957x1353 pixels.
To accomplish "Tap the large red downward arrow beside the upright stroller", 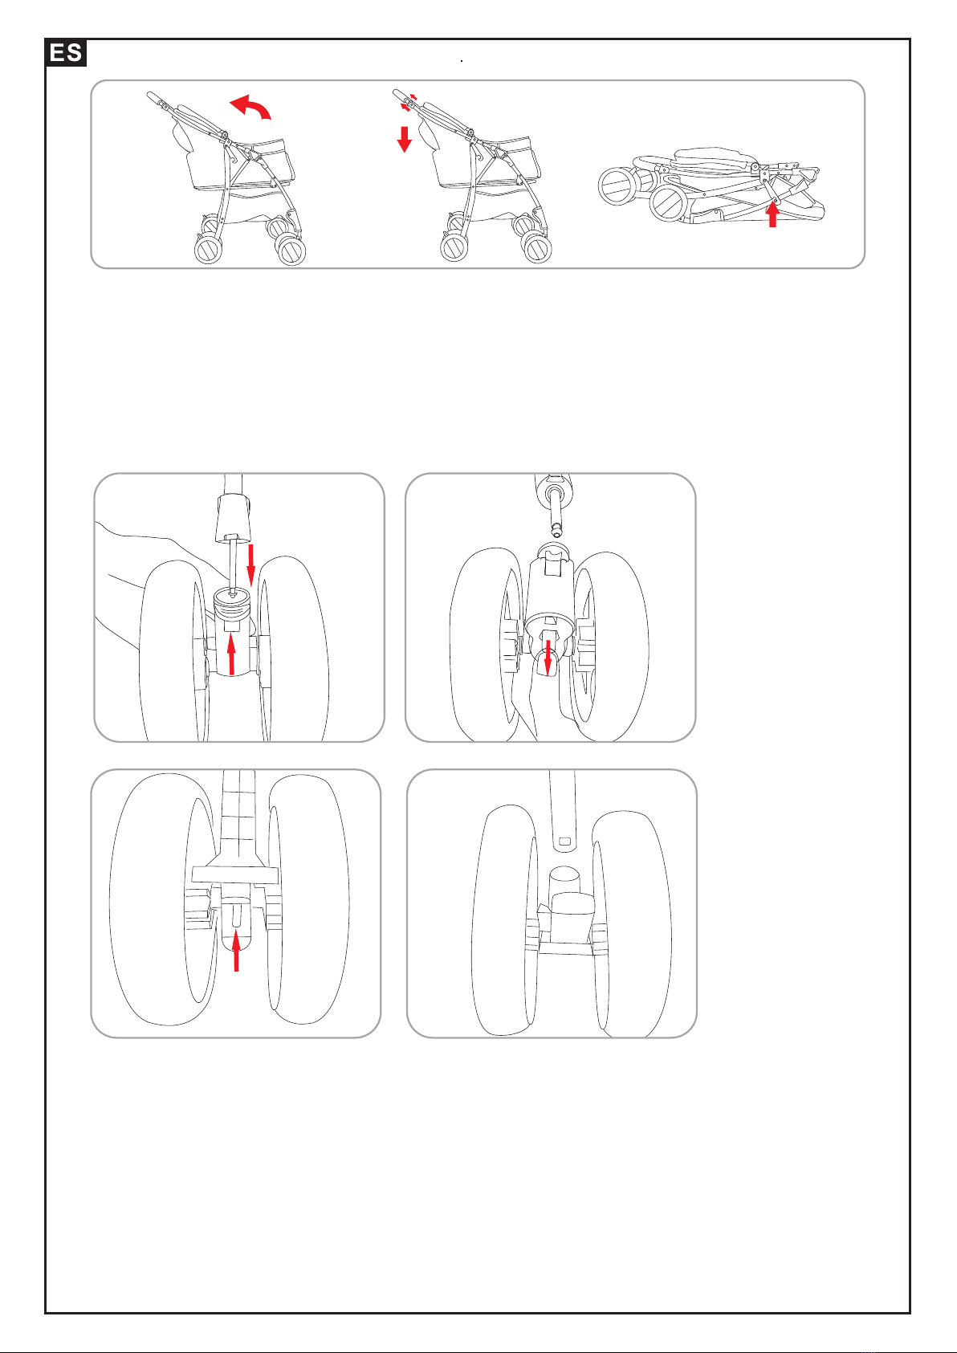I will pos(405,139).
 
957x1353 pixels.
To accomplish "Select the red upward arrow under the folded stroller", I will pos(772,214).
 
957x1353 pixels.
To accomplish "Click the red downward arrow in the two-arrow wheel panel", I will pos(250,564).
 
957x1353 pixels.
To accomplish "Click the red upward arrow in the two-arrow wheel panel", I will pos(231,654).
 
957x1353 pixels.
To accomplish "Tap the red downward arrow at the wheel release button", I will pos(548,657).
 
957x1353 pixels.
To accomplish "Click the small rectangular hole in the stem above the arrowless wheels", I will pos(564,841).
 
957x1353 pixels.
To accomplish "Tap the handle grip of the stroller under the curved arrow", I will pos(153,97).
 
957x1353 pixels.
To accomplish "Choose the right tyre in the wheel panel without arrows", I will pos(629,919).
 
